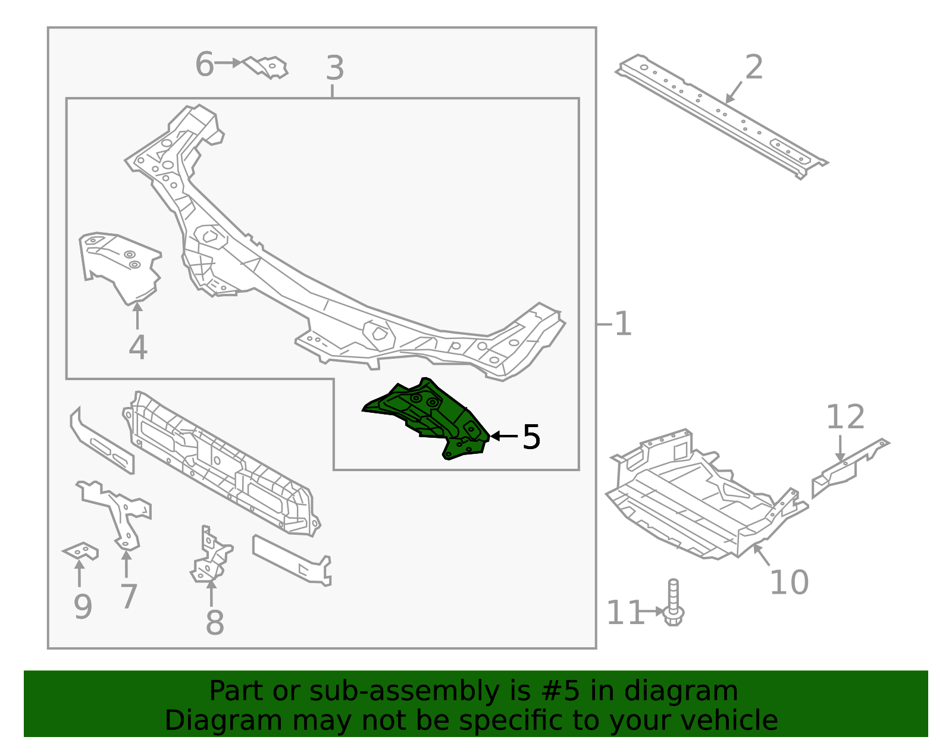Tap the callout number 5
531,438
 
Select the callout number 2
754,68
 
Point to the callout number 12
845,418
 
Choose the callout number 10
789,582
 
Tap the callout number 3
335,68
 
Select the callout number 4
137,348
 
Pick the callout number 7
129,597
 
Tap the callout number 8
214,623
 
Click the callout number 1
622,325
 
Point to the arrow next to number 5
503,437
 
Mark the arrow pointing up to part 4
137,315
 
